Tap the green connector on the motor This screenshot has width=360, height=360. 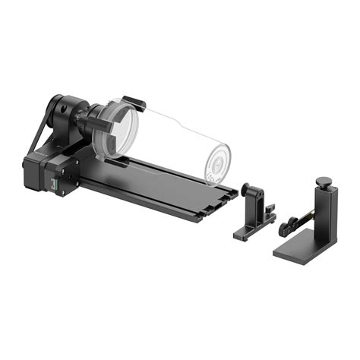coord(52,185)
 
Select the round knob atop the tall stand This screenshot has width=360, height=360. coord(324,182)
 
